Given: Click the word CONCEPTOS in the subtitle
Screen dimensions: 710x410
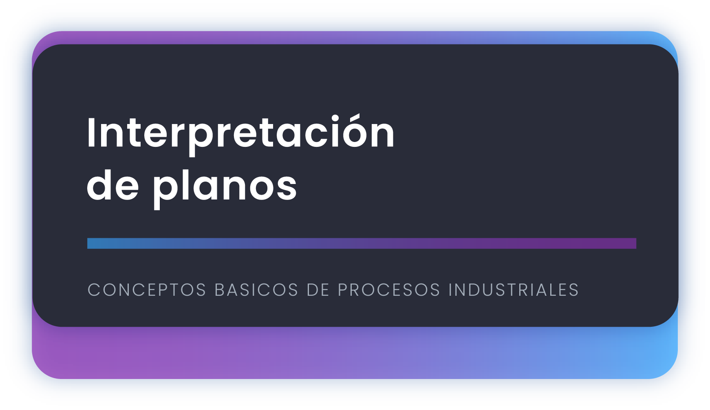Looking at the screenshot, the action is (x=147, y=290).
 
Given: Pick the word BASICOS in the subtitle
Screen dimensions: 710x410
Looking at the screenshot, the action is (x=256, y=290).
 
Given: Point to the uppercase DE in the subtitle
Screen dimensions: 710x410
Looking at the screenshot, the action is (x=318, y=290).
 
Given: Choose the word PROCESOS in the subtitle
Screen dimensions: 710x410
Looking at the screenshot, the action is (x=389, y=290).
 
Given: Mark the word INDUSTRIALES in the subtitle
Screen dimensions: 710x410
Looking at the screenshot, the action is (x=514, y=290).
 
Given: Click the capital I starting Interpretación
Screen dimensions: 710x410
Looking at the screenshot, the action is (x=91, y=132).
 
